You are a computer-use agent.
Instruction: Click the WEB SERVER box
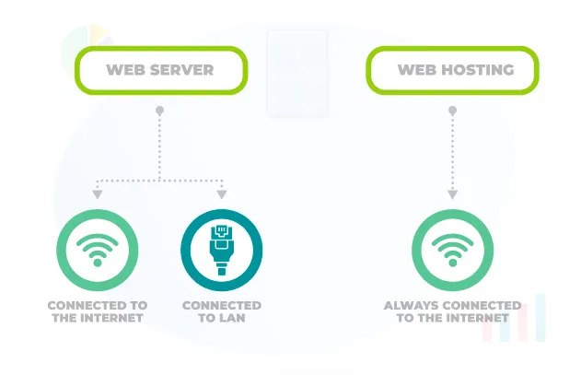click(160, 70)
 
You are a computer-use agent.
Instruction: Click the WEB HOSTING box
click(453, 70)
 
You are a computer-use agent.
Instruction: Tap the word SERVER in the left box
click(182, 70)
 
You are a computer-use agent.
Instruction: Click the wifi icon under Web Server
click(97, 249)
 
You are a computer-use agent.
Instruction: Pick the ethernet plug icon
click(221, 249)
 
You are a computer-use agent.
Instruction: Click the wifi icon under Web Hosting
click(452, 249)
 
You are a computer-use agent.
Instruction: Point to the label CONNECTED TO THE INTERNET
click(97, 311)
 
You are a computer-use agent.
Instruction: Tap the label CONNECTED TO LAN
click(221, 311)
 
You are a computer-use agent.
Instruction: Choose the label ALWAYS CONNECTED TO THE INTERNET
click(452, 311)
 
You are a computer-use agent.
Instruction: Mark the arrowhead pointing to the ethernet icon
click(222, 194)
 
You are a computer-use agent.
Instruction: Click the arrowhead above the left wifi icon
click(97, 194)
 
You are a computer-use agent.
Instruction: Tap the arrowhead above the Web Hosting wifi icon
click(452, 194)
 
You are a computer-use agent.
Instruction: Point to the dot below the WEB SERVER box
click(159, 111)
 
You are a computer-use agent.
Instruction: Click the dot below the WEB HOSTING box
click(452, 111)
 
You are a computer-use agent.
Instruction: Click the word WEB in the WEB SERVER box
click(125, 70)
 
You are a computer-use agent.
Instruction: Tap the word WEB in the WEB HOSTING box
click(414, 70)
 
